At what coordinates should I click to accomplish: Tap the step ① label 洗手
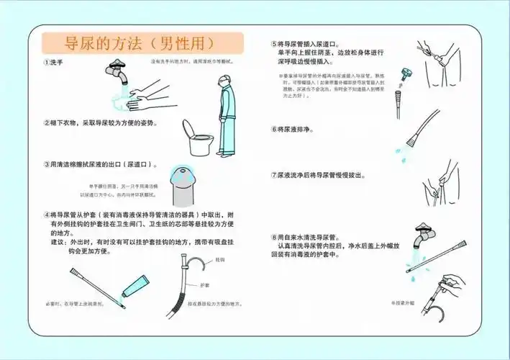point(56,63)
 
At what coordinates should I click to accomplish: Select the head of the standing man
point(225,83)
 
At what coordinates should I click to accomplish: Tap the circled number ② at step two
point(46,122)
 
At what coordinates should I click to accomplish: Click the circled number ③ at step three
point(46,164)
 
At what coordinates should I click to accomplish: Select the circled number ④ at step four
point(46,215)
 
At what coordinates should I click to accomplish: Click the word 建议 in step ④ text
point(59,242)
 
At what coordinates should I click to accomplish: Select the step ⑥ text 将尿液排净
point(296,130)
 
